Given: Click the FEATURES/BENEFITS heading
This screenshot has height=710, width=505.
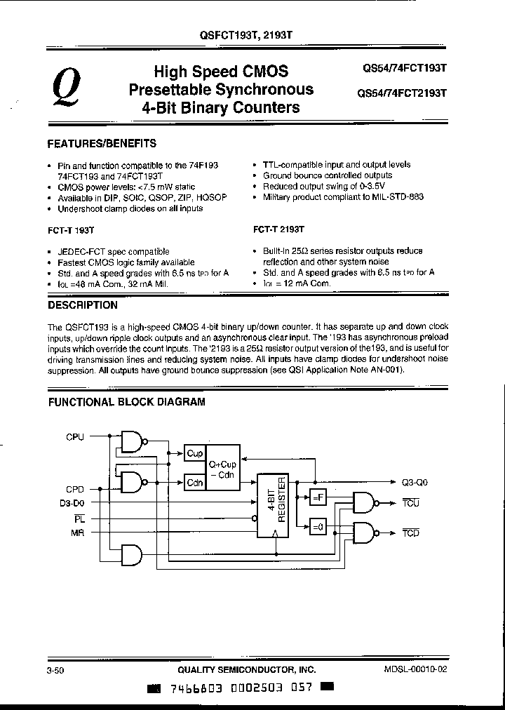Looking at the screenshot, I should (102, 143).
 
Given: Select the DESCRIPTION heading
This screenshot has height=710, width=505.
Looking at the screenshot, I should (82, 305).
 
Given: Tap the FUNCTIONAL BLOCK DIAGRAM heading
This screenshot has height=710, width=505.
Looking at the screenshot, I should (126, 402).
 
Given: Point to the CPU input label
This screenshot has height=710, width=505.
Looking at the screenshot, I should (75, 437).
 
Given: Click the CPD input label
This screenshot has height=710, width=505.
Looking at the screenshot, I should (75, 488).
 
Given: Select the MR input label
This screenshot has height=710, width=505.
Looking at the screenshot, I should (77, 533).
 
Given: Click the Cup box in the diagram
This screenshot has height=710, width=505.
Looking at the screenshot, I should (195, 453).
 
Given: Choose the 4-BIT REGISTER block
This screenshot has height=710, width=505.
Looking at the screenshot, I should (275, 505).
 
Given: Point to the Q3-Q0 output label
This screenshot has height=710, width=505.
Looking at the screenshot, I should (414, 482).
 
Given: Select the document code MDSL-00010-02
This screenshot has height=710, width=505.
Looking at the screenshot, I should (415, 669).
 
